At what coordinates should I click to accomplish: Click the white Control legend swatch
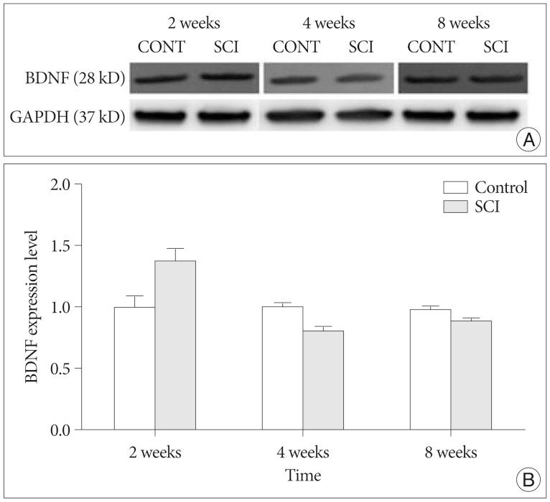click(456, 188)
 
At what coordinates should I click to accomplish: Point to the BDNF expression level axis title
click(32, 307)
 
